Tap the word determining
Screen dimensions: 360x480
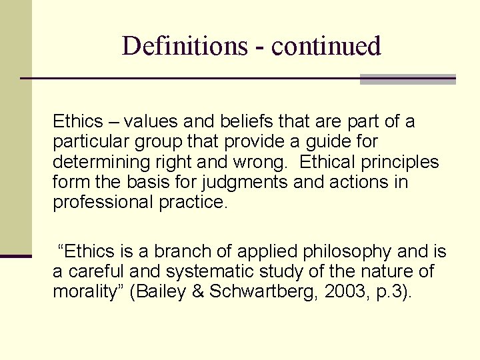pos(102,162)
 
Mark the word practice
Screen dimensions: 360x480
pos(193,202)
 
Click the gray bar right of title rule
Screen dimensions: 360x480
pos(407,79)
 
